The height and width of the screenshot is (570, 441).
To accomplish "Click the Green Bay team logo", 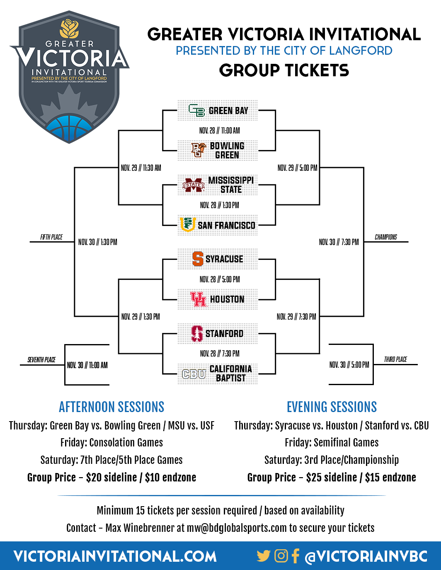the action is pyautogui.click(x=196, y=110).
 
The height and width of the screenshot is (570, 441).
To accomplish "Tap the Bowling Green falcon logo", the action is pyautogui.click(x=199, y=150).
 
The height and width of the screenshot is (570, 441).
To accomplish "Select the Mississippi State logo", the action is pyautogui.click(x=194, y=185).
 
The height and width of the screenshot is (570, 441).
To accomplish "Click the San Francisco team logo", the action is pyautogui.click(x=188, y=225).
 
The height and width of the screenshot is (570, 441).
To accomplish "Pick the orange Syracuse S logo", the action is pyautogui.click(x=198, y=259).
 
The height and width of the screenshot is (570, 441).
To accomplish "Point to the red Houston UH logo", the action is pyautogui.click(x=198, y=299).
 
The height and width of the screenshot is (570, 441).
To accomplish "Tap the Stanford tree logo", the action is pyautogui.click(x=197, y=334).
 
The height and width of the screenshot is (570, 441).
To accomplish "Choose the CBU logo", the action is pyautogui.click(x=194, y=374).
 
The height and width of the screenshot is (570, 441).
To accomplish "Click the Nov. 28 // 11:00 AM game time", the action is pyautogui.click(x=219, y=130).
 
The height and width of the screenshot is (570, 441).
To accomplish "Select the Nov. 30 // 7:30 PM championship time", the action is pyautogui.click(x=339, y=242).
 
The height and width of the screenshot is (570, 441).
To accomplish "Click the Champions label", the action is pyautogui.click(x=386, y=237).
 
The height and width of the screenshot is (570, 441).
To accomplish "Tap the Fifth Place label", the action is pyautogui.click(x=51, y=237).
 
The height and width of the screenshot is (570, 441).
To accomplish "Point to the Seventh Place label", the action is pyautogui.click(x=41, y=360).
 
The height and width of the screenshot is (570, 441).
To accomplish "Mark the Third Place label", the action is pyautogui.click(x=395, y=359).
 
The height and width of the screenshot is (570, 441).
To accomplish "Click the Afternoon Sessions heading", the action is pyautogui.click(x=111, y=407).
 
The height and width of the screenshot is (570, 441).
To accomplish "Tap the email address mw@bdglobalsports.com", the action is pyautogui.click(x=236, y=528).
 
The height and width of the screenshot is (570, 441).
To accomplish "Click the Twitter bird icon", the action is pyautogui.click(x=264, y=556).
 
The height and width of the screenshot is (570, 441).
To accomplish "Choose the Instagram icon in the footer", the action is pyautogui.click(x=281, y=556).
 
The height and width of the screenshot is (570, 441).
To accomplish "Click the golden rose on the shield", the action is pyautogui.click(x=69, y=28).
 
